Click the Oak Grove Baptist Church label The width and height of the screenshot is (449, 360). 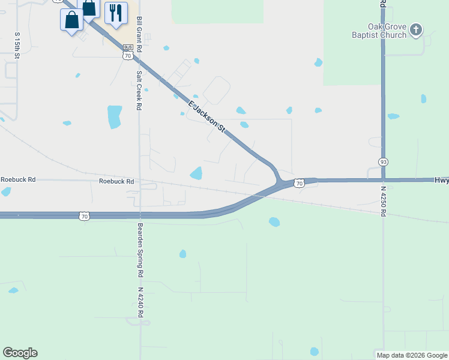click(379, 31)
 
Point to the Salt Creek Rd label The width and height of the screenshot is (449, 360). click(139, 91)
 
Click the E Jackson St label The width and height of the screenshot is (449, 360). click(206, 116)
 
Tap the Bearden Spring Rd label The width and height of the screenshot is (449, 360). click(140, 250)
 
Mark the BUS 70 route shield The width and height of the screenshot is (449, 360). click(127, 52)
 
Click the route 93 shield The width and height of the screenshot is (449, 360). click(382, 162)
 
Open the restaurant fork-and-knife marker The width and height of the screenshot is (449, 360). click(116, 13)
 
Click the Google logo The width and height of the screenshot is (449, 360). click(20, 353)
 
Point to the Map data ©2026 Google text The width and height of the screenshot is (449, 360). click(412, 355)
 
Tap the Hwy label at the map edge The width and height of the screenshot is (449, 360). click(441, 179)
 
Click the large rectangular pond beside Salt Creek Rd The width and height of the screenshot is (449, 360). click(114, 116)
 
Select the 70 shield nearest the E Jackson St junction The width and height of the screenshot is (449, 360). click(299, 184)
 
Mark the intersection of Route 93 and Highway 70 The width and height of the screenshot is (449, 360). click(382, 179)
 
